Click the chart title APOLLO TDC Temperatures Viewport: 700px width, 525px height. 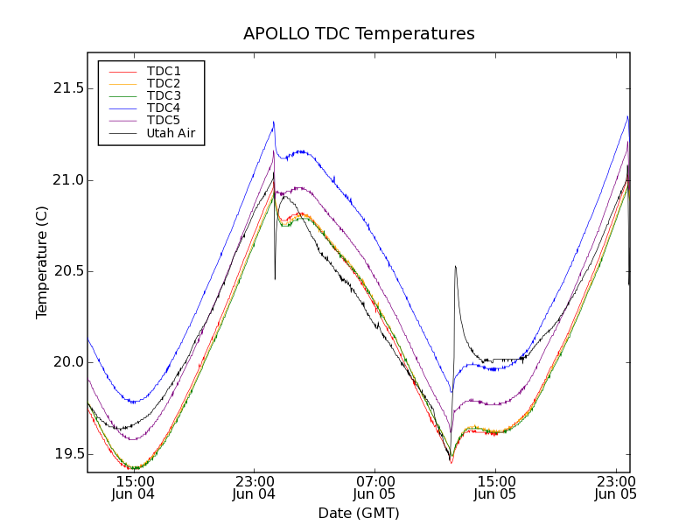(359, 34)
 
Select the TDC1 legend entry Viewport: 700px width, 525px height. (164, 71)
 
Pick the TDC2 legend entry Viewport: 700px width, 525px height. (164, 83)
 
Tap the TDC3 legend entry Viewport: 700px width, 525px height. (164, 95)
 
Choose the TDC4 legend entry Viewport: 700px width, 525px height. (164, 108)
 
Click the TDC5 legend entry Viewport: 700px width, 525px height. (164, 120)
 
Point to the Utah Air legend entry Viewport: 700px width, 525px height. (171, 133)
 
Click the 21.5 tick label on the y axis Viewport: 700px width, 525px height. (67, 89)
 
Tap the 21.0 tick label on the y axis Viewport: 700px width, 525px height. (67, 180)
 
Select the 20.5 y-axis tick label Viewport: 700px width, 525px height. (67, 271)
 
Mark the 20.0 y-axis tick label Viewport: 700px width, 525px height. (67, 362)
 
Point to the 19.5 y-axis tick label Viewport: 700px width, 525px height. (67, 454)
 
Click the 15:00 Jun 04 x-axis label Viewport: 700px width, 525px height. (134, 487)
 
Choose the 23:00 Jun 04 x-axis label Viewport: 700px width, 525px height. (254, 487)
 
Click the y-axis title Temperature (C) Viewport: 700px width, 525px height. (42, 262)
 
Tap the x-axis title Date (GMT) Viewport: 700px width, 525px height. (359, 513)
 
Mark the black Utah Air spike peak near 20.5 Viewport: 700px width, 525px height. (456, 266)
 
